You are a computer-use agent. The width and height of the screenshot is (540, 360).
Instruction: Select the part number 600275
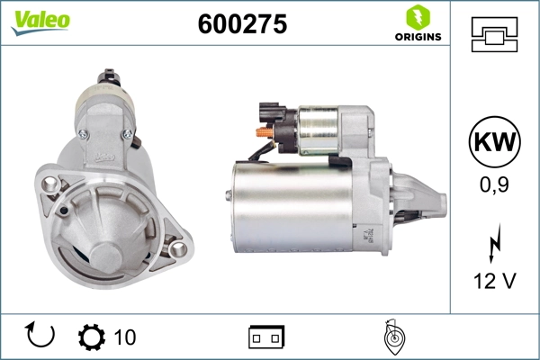click(x=242, y=25)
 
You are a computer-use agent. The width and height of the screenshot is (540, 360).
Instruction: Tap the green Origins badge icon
click(x=417, y=17)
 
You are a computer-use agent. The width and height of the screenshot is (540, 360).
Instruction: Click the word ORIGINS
click(x=417, y=37)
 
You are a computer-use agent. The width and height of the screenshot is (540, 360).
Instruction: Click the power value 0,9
click(x=494, y=184)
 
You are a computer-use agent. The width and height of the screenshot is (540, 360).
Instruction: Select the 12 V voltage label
click(x=494, y=281)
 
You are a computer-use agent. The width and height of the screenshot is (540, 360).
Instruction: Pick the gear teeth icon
click(x=92, y=337)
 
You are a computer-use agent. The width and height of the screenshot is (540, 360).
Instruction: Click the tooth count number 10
click(x=125, y=337)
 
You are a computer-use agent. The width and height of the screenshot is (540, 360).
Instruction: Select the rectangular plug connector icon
click(x=266, y=337)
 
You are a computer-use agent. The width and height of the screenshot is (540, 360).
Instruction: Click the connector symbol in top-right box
click(x=494, y=36)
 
